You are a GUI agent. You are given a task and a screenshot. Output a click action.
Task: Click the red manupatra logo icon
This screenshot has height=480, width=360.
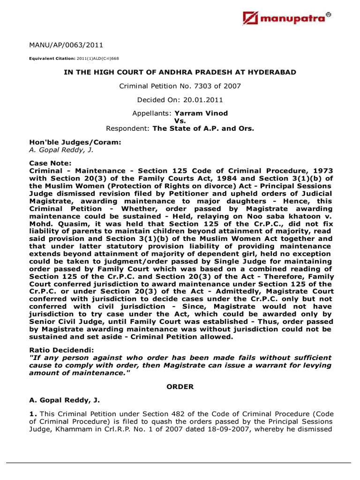tap(251, 18)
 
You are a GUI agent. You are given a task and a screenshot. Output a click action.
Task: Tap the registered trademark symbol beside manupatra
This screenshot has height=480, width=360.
tap(328, 15)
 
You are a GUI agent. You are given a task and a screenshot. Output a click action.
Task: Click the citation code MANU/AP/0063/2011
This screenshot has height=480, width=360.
tap(66, 45)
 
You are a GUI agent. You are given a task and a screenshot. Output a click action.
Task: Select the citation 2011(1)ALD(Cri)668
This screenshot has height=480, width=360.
tap(97, 59)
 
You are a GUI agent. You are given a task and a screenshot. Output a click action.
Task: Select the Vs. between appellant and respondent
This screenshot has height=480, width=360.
tap(180, 121)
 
